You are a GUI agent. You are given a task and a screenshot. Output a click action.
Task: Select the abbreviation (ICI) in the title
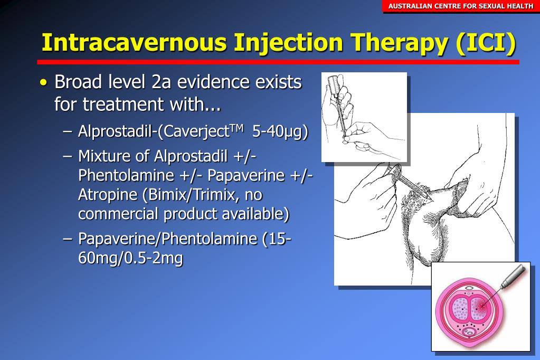click(x=485, y=43)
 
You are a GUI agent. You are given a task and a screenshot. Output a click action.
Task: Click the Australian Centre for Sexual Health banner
click(x=461, y=6)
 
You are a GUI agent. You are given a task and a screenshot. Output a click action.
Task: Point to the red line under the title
click(x=280, y=62)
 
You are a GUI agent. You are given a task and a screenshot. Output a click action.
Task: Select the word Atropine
click(x=107, y=195)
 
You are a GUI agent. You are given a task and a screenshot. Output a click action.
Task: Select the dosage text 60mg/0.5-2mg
click(x=130, y=259)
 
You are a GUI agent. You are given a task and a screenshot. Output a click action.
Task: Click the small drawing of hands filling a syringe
click(x=364, y=117)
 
